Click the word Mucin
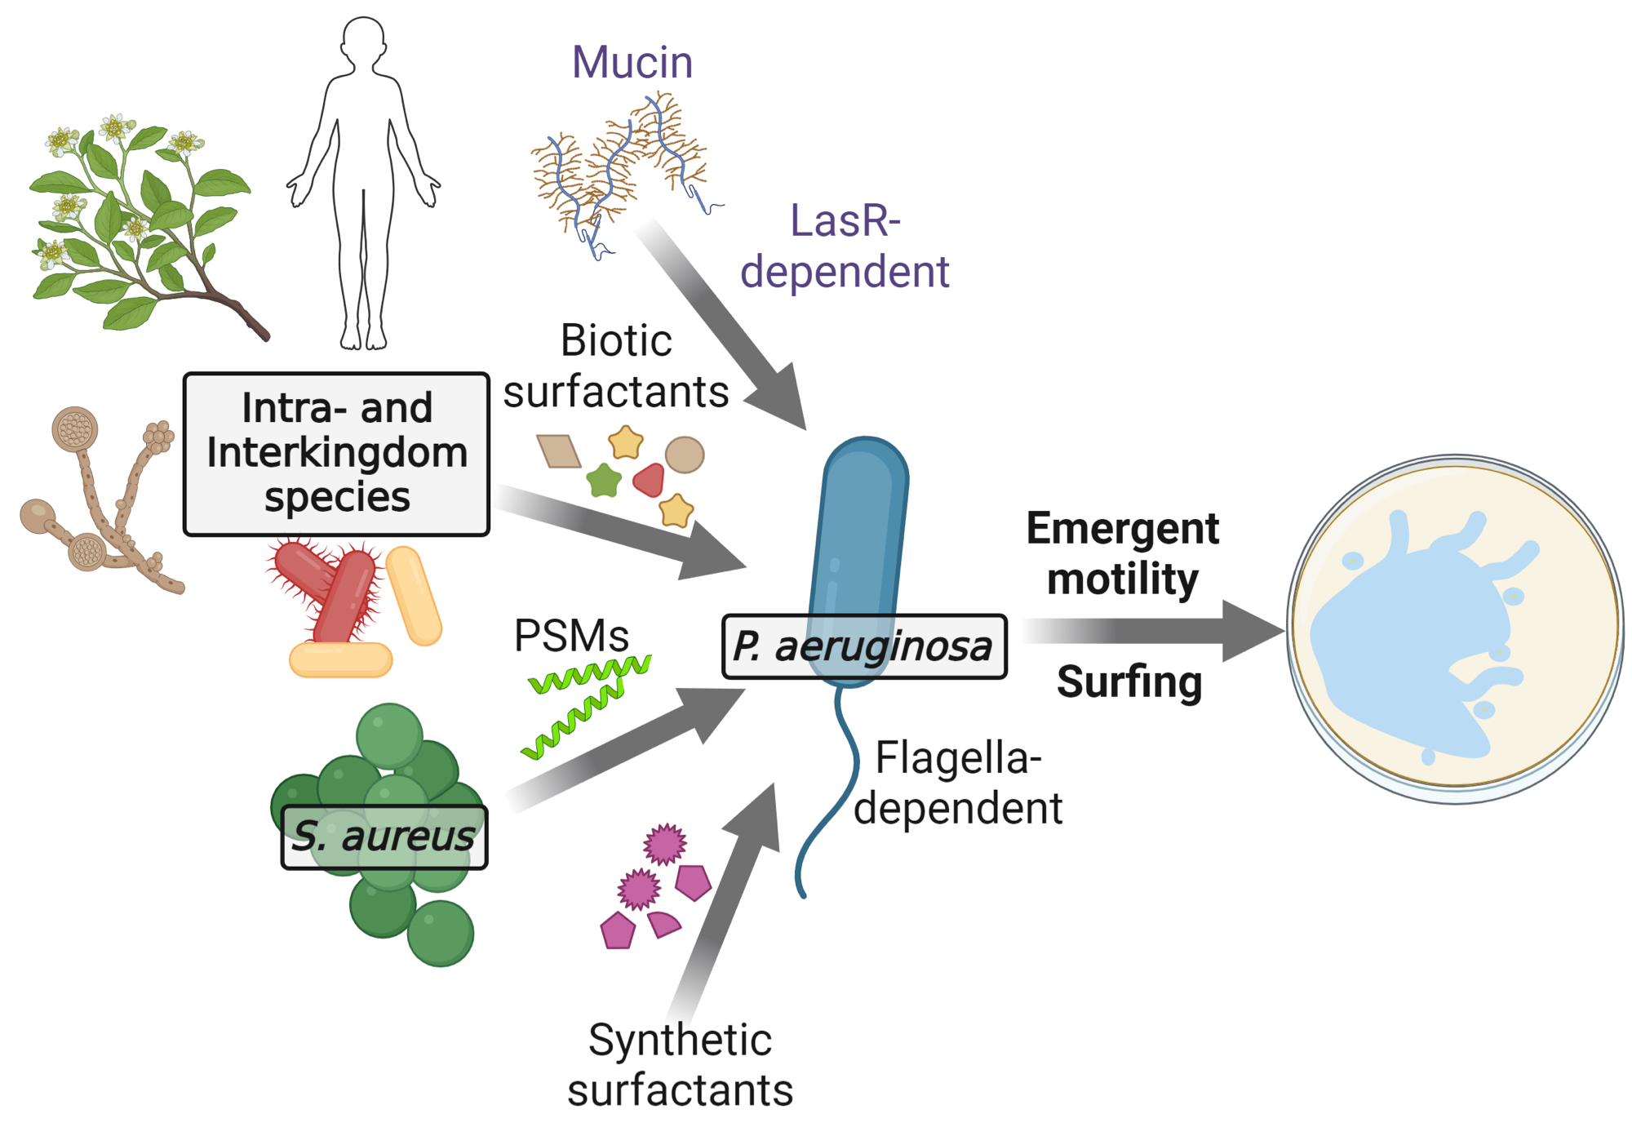[x=632, y=63]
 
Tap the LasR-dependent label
[x=845, y=246]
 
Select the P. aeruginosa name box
[x=864, y=646]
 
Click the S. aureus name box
[x=384, y=837]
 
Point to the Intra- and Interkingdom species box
[x=336, y=454]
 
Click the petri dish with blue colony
[x=1455, y=628]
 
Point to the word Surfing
[x=1129, y=681]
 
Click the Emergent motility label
[x=1122, y=553]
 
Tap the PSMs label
[x=571, y=636]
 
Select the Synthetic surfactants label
[x=680, y=1065]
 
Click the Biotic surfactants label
[x=616, y=366]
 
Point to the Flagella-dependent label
[x=958, y=783]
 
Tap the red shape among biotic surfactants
[x=650, y=480]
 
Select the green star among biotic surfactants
[x=604, y=480]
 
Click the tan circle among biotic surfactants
[x=684, y=455]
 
